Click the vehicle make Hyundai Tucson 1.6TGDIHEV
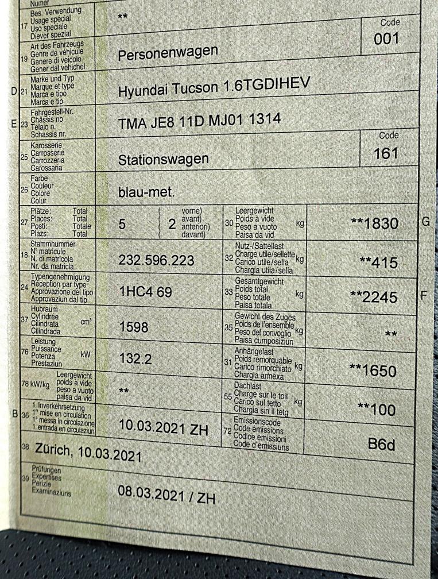pyautogui.click(x=214, y=88)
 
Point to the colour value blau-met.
pyautogui.click(x=146, y=192)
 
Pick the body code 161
pyautogui.click(x=386, y=153)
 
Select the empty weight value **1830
pyautogui.click(x=374, y=223)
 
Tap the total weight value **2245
pyautogui.click(x=374, y=296)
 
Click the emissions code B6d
pyautogui.click(x=382, y=443)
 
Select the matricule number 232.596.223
pyautogui.click(x=156, y=260)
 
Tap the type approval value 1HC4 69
pyautogui.click(x=145, y=292)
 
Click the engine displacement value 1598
pyautogui.click(x=133, y=327)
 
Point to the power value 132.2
pyautogui.click(x=135, y=359)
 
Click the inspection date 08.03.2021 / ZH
pyautogui.click(x=166, y=495)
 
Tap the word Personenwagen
pyautogui.click(x=168, y=53)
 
